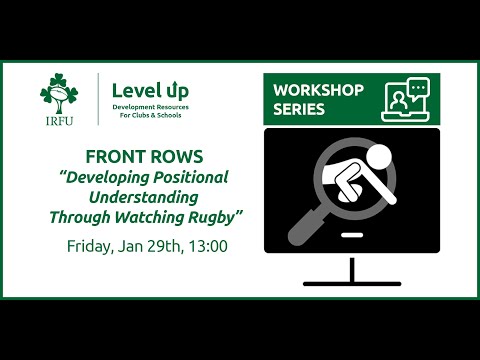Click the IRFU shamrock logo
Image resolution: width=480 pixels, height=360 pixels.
pos(59,94)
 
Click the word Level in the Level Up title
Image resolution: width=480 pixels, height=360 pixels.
pos(133,89)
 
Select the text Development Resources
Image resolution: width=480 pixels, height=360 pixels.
pos(150,105)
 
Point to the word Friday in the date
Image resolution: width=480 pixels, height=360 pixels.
pos(90,245)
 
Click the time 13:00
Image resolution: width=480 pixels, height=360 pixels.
pos(206,245)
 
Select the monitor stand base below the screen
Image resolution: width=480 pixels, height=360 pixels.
pos(352,284)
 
